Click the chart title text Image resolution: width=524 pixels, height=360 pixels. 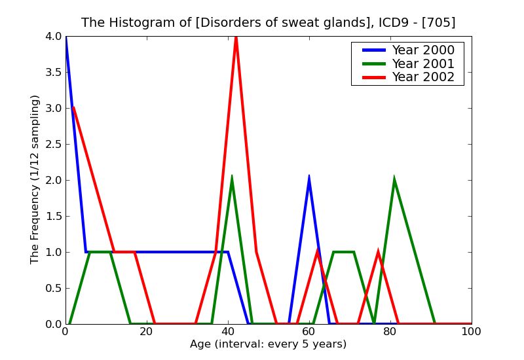268,23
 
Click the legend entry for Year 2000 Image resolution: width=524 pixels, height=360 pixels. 422,50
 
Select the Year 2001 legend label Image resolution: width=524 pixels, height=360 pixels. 422,63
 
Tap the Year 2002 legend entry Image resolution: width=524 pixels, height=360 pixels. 422,77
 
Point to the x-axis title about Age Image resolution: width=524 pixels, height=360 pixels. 268,344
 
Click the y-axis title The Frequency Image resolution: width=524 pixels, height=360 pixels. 35,179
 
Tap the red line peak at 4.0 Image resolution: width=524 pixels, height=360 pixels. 236,37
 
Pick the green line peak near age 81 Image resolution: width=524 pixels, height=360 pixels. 394,179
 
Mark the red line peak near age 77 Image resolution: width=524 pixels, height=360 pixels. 378,252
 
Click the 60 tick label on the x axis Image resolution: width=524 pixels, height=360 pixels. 309,332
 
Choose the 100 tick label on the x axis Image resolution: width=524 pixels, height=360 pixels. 471,332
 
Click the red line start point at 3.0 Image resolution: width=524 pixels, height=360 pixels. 73,108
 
